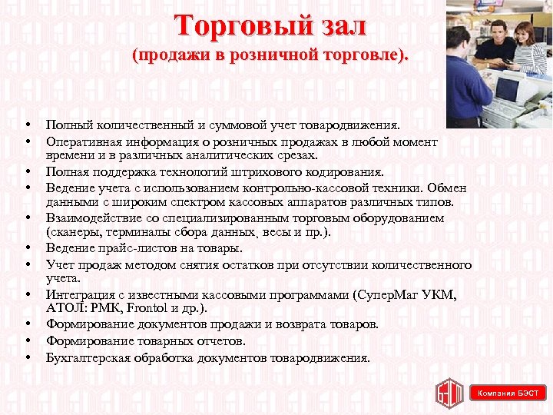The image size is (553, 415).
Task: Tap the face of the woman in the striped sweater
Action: point(524,35)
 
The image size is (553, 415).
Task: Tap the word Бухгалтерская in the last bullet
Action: point(84,357)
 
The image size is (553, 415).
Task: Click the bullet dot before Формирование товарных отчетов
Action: point(27,340)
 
